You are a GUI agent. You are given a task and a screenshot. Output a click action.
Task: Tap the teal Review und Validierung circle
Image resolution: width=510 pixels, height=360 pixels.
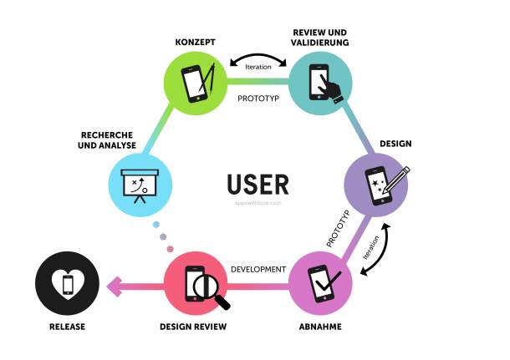pos(321,81)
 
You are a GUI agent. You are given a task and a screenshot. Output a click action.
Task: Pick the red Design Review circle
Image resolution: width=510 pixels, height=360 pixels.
pos(196,286)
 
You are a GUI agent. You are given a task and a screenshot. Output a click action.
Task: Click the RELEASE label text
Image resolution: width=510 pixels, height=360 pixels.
pos(66,327)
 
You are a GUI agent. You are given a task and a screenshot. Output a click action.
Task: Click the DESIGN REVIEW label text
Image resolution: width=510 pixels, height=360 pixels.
pos(194,327)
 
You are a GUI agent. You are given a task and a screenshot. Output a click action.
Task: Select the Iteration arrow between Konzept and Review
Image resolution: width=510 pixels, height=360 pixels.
pos(259,61)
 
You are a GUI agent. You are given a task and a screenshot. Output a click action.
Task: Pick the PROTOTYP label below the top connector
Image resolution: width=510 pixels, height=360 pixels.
pos(258,97)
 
